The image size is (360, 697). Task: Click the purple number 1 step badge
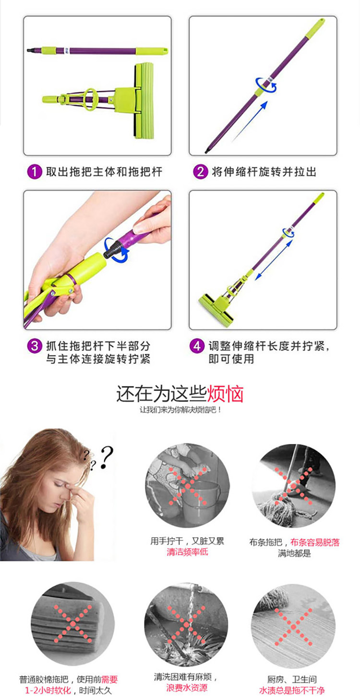tap(35, 171)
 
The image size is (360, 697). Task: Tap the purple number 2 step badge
tap(200, 171)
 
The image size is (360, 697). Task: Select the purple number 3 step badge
tap(35, 346)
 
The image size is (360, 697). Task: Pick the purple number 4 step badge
tap(197, 346)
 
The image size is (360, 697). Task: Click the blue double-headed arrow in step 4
tap(274, 260)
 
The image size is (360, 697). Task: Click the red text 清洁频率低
tap(187, 552)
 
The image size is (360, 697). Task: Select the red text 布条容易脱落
tap(314, 542)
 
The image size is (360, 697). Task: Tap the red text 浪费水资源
tap(187, 687)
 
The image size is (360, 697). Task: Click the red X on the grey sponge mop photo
tap(73, 624)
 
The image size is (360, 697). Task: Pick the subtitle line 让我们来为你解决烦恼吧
tap(180, 410)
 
